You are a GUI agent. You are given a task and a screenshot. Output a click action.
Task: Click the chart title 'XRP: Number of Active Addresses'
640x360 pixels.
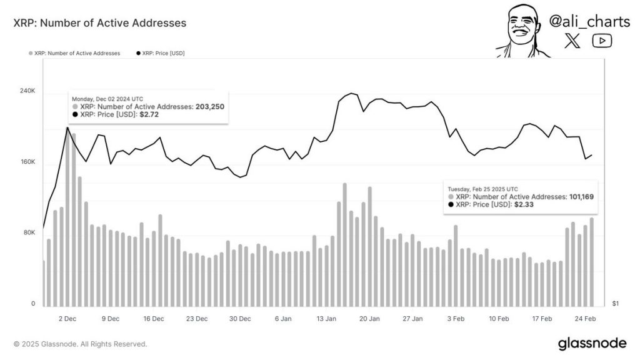pos(100,23)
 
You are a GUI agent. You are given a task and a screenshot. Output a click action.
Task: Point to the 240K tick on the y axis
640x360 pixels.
pos(27,91)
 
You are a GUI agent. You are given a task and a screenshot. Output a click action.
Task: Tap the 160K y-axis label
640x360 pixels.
pos(27,162)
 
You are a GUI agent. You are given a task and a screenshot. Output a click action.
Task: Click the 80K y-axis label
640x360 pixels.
pos(29,233)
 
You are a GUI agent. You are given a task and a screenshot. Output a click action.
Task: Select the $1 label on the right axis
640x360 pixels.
pos(616,304)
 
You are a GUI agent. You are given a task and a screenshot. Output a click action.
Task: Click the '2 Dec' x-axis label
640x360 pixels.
pos(67,319)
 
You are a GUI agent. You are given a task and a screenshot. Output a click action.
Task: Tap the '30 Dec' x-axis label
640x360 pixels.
pos(240,319)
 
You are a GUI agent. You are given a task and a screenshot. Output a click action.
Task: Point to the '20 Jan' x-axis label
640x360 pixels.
pos(369,319)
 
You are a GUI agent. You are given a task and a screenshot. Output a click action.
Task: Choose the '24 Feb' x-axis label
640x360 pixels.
pos(586,319)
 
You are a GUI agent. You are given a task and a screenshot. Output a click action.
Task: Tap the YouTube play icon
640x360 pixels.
pos(602,41)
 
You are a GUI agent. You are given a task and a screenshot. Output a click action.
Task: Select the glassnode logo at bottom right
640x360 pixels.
pos(591,343)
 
